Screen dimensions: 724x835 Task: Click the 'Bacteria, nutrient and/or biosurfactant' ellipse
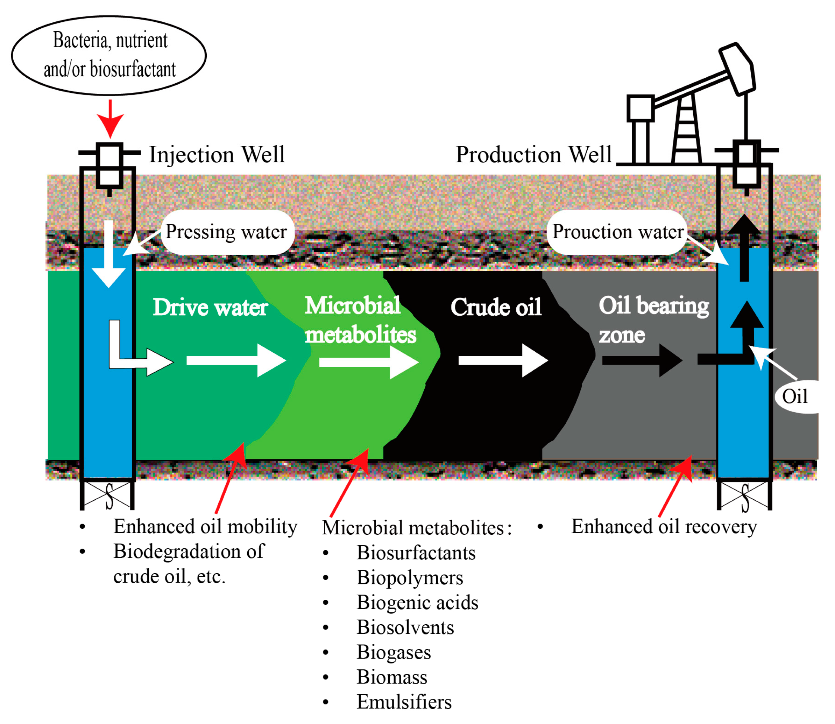[x=109, y=55]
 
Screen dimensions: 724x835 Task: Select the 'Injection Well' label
[x=217, y=155]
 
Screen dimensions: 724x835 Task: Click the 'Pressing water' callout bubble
[x=227, y=232]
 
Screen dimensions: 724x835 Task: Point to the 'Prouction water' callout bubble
[x=617, y=232]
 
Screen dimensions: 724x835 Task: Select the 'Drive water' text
[x=210, y=308]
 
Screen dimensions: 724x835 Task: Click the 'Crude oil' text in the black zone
[x=496, y=308]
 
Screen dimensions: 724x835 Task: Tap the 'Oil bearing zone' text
[x=653, y=319]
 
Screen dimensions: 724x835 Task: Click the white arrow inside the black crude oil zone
[x=503, y=361]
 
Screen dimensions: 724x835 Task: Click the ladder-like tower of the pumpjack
[x=686, y=129]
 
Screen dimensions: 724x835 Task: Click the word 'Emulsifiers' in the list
[x=404, y=703]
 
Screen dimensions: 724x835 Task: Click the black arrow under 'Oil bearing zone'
[x=642, y=361]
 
